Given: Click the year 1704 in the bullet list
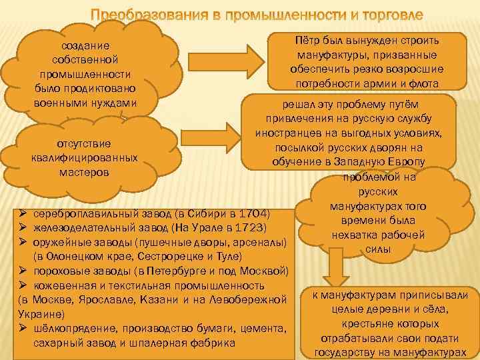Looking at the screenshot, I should click(x=254, y=214).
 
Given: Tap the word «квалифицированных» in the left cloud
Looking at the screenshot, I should click(x=84, y=157).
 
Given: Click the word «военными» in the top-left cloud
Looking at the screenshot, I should click(x=59, y=103).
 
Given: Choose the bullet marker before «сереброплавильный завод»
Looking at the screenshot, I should click(x=23, y=214).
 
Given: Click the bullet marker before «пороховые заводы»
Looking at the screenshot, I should click(x=23, y=271).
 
